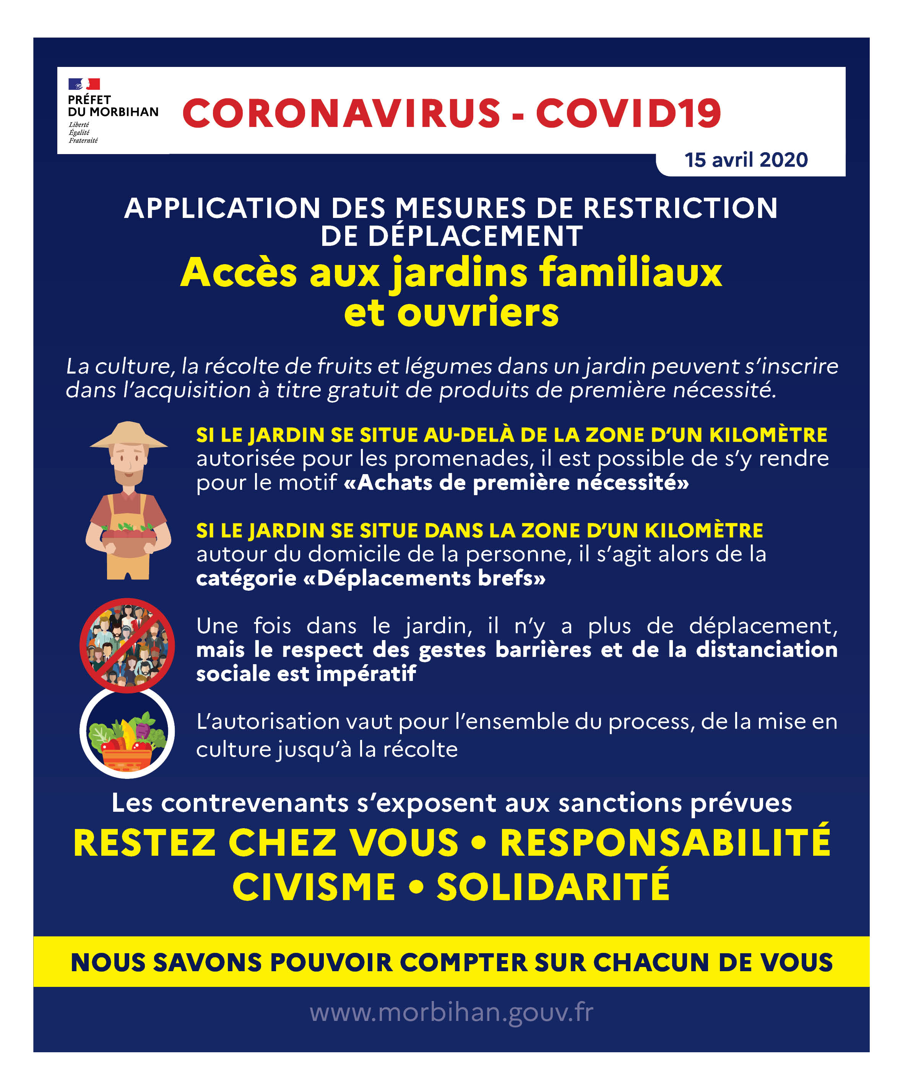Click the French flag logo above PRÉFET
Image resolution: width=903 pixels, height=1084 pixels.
(x=84, y=84)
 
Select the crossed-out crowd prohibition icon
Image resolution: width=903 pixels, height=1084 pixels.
(x=127, y=645)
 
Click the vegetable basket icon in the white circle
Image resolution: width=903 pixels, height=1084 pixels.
(x=127, y=733)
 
